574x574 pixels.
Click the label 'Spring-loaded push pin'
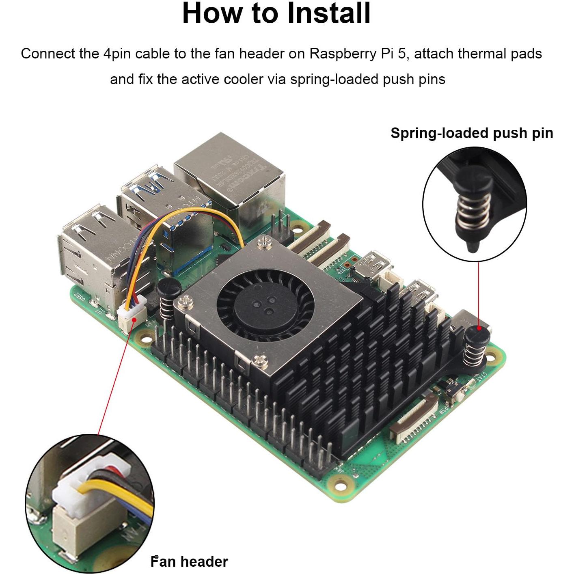(x=471, y=133)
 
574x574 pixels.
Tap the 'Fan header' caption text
(x=189, y=561)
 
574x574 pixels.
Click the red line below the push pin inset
(x=479, y=292)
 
